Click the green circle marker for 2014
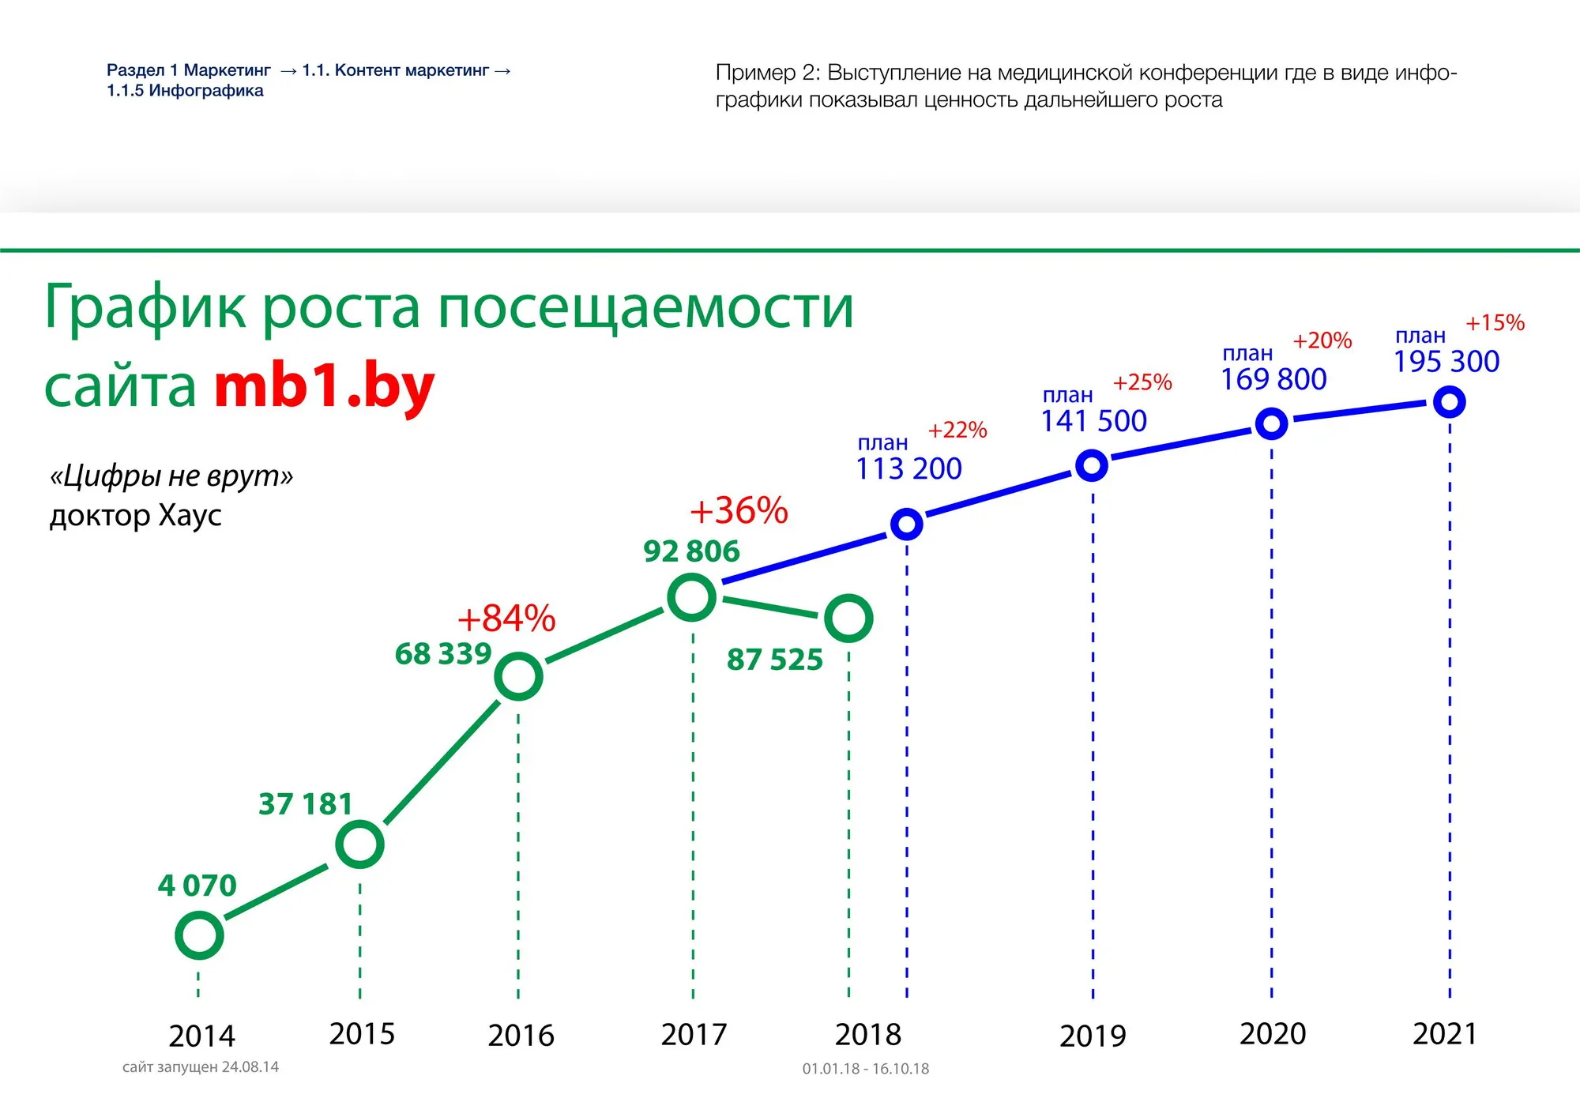point(199,935)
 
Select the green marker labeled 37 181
point(359,844)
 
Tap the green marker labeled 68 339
point(518,676)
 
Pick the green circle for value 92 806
point(692,597)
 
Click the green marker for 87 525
point(848,618)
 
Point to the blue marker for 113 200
point(907,524)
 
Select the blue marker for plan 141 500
point(1092,465)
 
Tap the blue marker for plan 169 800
point(1271,424)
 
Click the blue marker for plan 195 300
point(1450,402)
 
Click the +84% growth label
point(506,619)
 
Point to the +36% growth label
point(739,511)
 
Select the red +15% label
point(1495,323)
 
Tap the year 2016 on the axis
point(521,1036)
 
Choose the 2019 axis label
point(1093,1036)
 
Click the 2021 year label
point(1445,1034)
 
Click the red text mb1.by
point(324,387)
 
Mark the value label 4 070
point(197,886)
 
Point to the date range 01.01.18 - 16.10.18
point(866,1069)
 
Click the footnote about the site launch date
point(201,1067)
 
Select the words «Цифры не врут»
point(171,476)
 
